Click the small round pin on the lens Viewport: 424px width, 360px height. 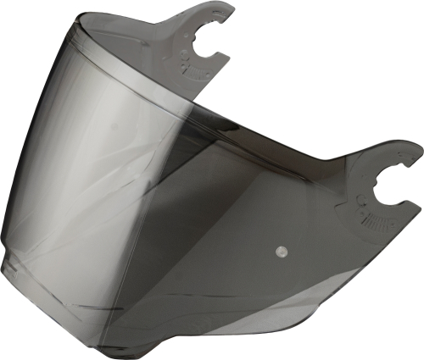pyautogui.click(x=281, y=252)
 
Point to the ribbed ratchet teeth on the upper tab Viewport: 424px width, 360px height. pyautogui.click(x=198, y=73)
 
